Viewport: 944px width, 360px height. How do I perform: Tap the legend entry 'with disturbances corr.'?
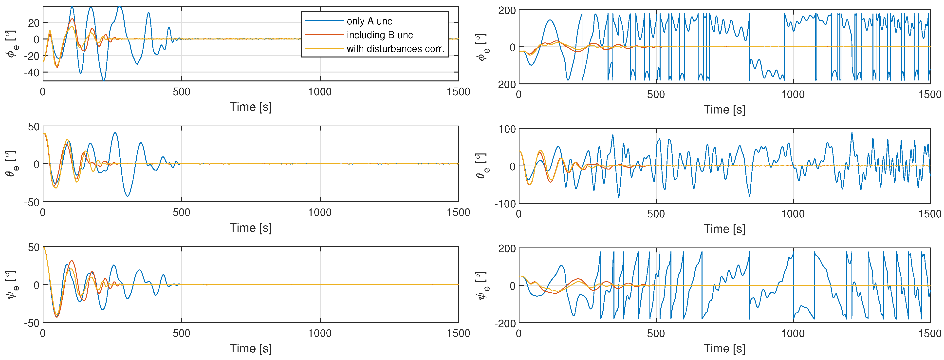pyautogui.click(x=395, y=49)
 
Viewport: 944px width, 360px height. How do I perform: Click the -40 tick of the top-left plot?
pyautogui.click(x=32, y=73)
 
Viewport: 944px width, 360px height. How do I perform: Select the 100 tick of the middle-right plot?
pyautogui.click(x=507, y=129)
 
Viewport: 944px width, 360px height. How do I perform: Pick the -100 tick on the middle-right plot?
pyautogui.click(x=505, y=204)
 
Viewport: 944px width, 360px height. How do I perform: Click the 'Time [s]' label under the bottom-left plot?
pyautogui.click(x=250, y=348)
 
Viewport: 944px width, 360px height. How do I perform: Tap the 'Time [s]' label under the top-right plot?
pyautogui.click(x=724, y=110)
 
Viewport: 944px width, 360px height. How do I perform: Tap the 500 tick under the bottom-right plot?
pyautogui.click(x=656, y=334)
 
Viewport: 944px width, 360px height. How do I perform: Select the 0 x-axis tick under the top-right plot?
pyautogui.click(x=518, y=95)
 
